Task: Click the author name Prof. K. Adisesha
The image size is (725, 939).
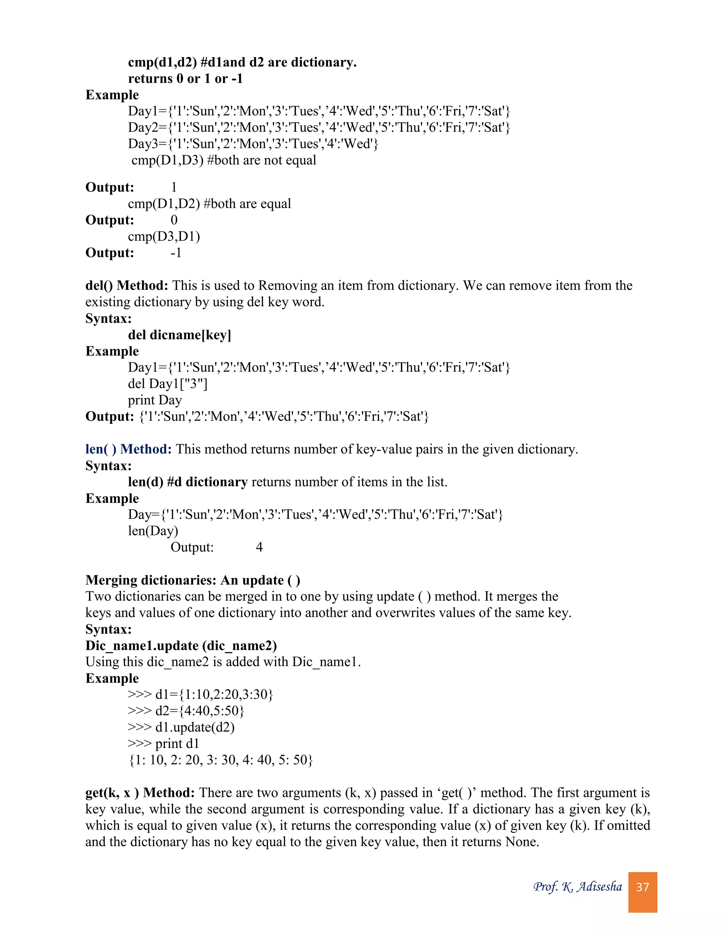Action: point(577,887)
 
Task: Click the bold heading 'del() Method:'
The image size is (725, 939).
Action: point(127,286)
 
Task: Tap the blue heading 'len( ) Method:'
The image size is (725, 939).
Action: point(129,449)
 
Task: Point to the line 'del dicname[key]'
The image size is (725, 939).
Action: point(179,334)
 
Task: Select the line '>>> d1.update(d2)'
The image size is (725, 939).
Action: point(181,727)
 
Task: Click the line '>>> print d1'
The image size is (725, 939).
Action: point(163,743)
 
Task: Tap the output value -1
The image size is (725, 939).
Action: point(176,253)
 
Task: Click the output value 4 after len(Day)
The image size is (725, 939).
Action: point(259,547)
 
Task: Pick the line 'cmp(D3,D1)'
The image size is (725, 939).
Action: point(164,236)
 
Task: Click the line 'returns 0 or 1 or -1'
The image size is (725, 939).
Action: point(185,79)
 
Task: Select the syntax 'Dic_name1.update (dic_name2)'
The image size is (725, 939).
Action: point(181,645)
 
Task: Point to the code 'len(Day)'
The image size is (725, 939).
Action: point(153,531)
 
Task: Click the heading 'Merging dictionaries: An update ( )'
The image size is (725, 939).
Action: point(193,580)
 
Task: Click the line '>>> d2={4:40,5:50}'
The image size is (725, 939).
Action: point(185,711)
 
